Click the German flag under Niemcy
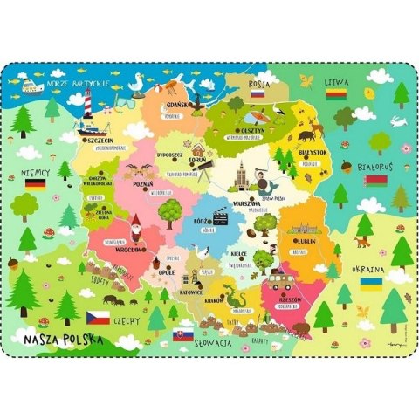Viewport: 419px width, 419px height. tap(36, 185)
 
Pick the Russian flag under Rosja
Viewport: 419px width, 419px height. tap(258, 91)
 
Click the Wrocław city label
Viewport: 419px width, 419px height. tap(129, 249)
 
